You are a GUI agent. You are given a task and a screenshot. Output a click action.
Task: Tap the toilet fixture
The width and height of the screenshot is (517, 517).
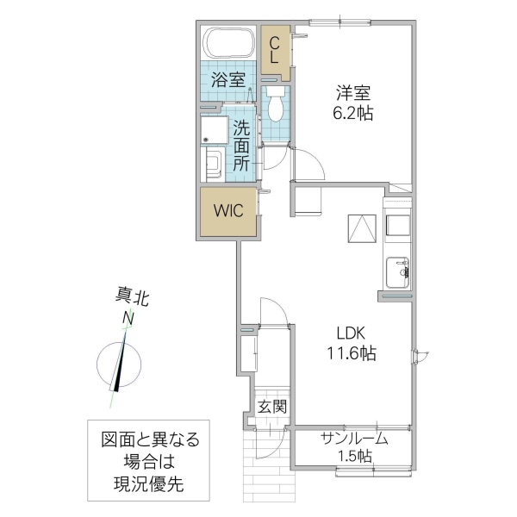(276, 104)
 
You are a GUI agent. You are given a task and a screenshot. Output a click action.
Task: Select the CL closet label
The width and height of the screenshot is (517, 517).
(274, 49)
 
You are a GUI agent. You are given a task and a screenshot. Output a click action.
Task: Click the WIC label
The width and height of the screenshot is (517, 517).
(228, 210)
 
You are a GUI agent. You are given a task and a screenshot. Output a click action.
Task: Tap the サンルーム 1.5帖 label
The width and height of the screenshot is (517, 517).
(354, 446)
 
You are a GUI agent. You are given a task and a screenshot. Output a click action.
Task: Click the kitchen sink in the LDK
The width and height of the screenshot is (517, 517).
(399, 273)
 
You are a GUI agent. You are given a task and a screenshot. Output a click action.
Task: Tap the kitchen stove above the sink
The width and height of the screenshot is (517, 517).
(398, 225)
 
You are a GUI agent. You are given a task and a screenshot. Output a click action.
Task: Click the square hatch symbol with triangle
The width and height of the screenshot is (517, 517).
(363, 228)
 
